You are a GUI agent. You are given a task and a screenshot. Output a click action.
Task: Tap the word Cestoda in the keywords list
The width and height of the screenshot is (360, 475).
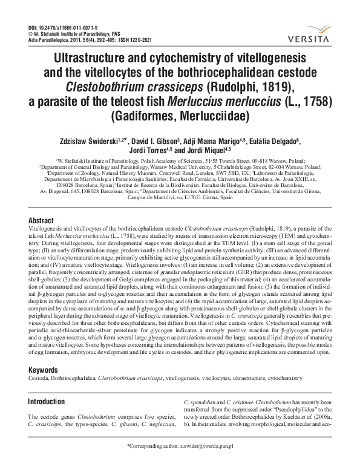pos(41,378)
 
